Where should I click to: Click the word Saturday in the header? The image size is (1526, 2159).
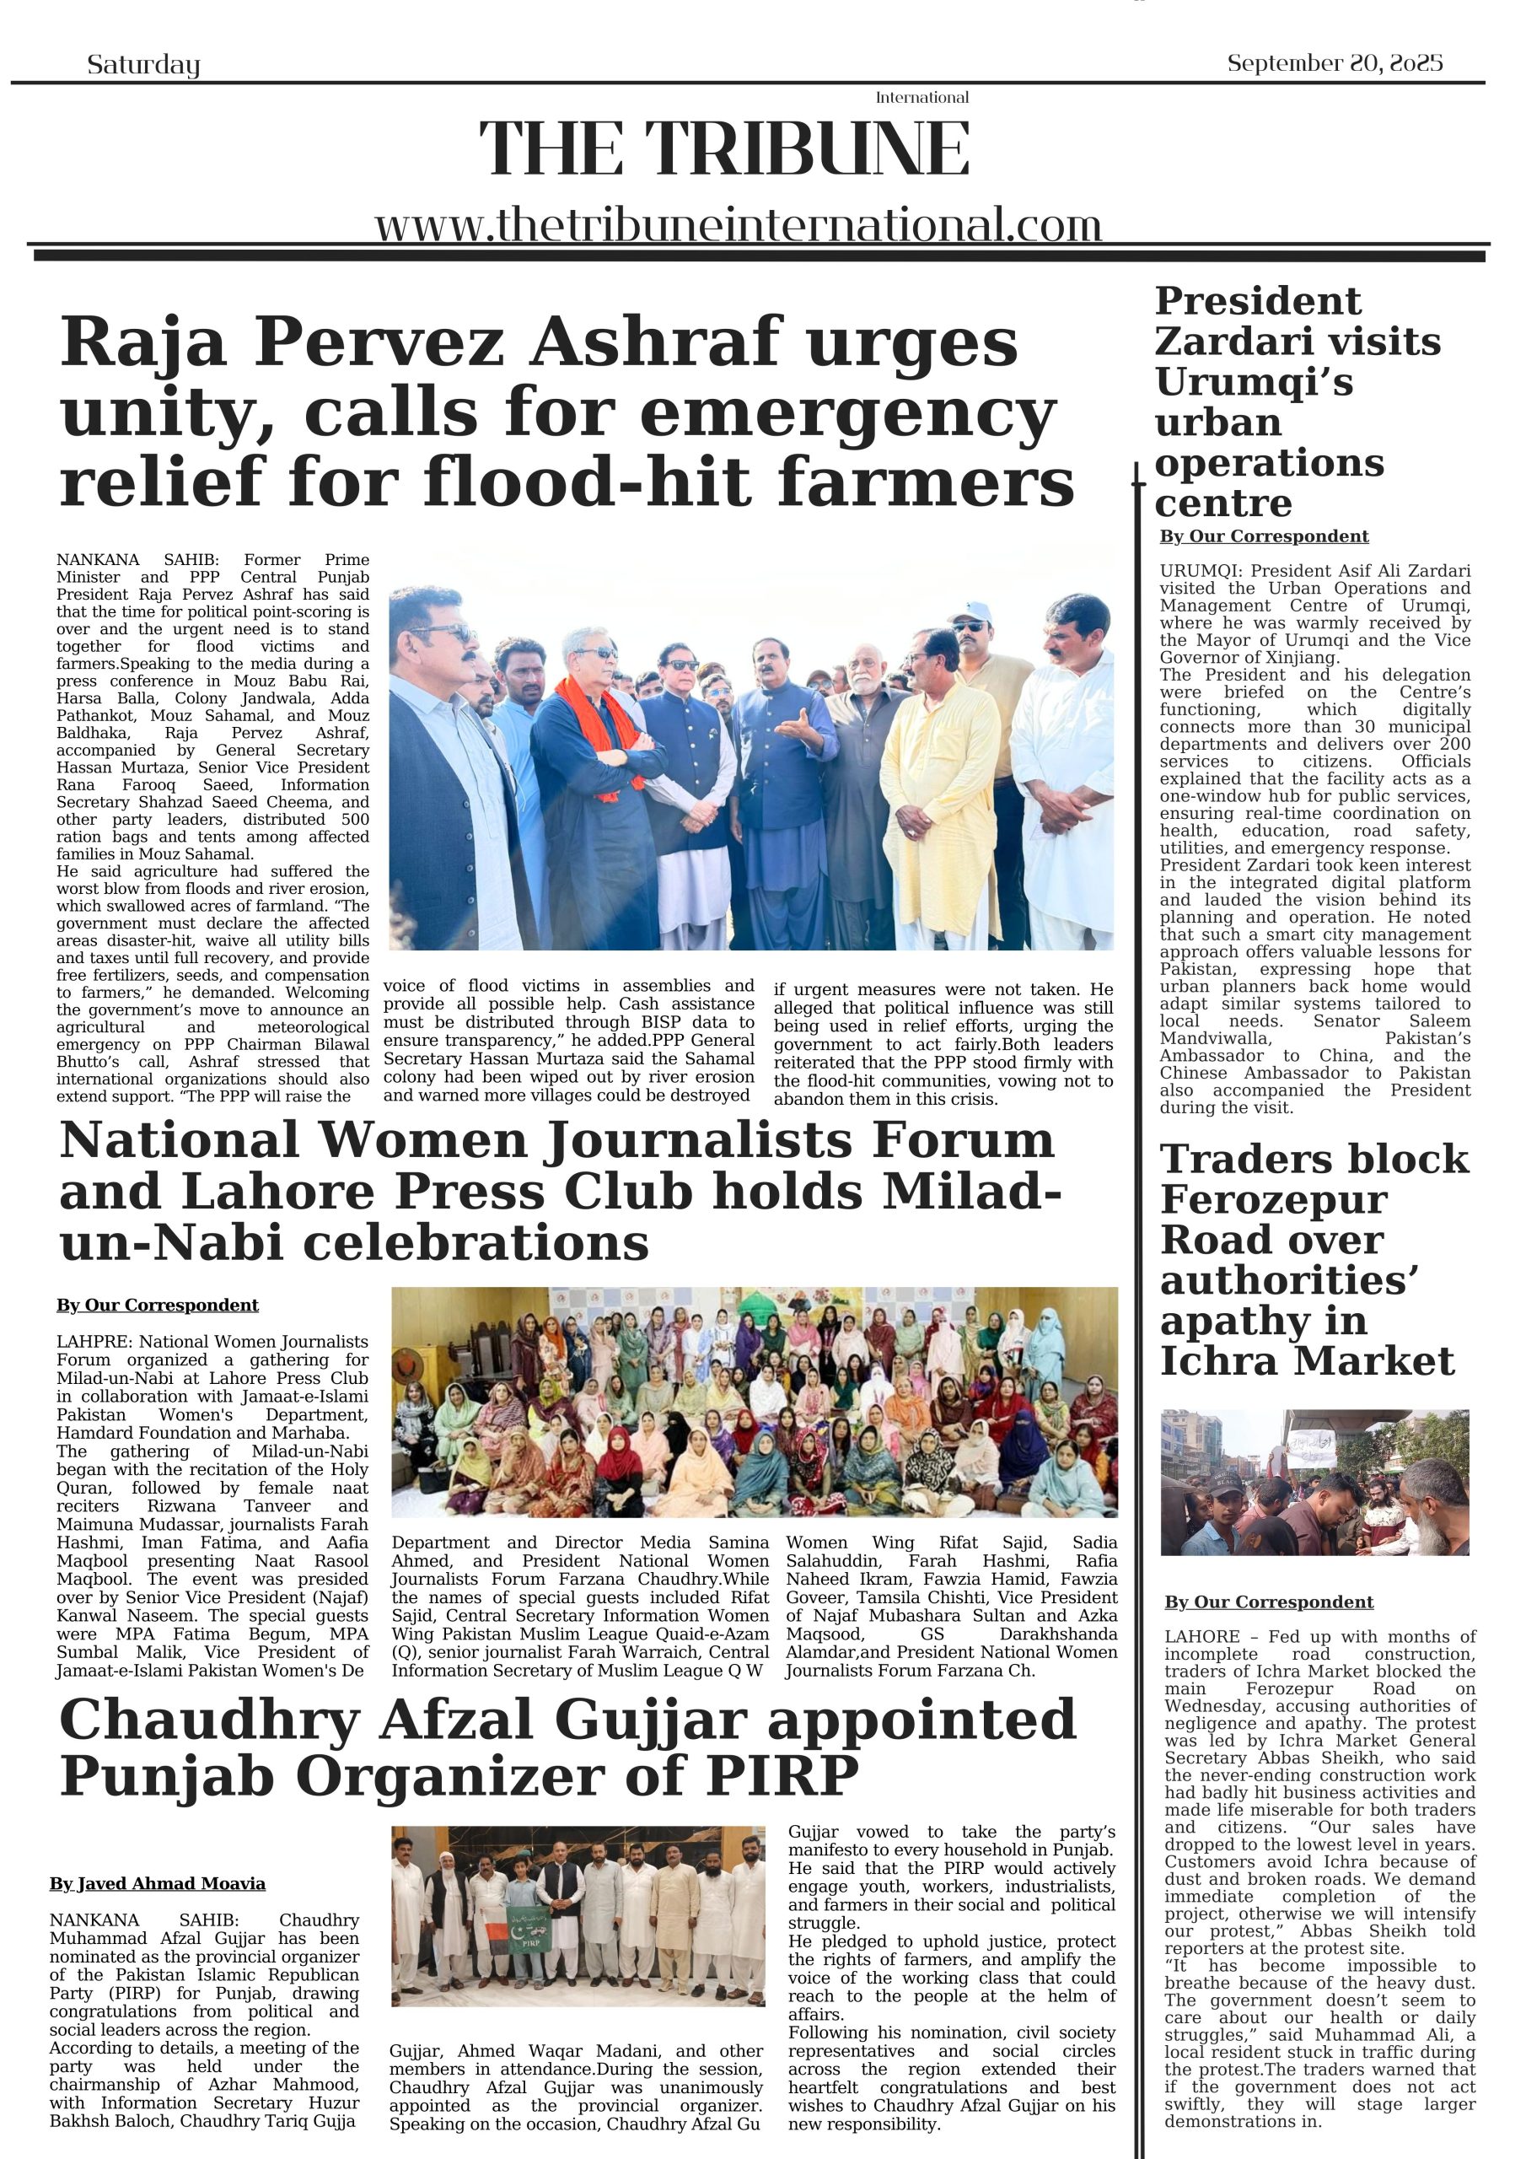click(143, 65)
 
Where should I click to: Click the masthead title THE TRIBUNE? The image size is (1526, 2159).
click(724, 148)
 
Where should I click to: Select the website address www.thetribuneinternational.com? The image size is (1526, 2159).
click(738, 226)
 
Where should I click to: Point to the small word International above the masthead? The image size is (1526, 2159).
click(922, 98)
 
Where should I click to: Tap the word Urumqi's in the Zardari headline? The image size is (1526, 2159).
click(1254, 383)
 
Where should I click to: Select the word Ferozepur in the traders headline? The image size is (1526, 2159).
click(1273, 1200)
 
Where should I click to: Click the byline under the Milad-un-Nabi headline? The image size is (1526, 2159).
click(157, 1306)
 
